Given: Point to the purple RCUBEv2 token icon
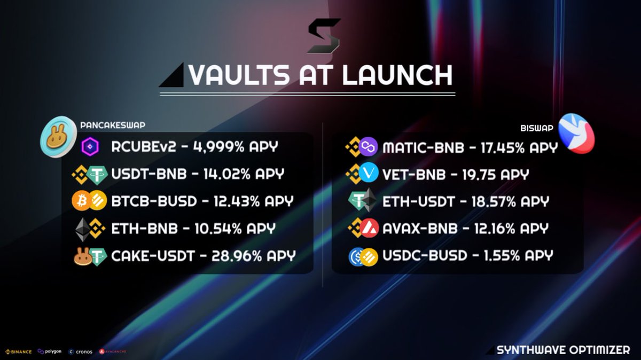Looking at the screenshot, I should point(89,146).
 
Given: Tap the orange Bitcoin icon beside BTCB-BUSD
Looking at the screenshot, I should point(82,201).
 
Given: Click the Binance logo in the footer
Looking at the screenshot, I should point(19,351).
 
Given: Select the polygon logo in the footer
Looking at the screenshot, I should point(50,351).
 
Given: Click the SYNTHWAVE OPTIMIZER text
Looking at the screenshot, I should point(563,350).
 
